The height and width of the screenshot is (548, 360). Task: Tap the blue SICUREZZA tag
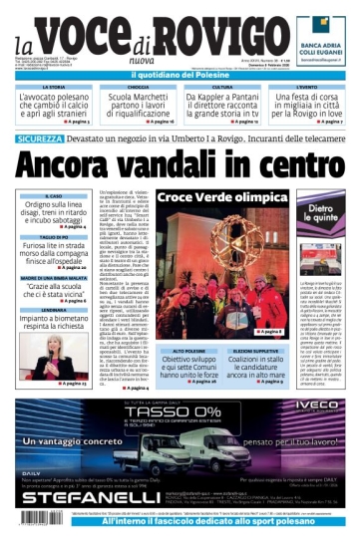(x=39, y=138)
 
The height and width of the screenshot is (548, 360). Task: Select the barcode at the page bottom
(x=34, y=518)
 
